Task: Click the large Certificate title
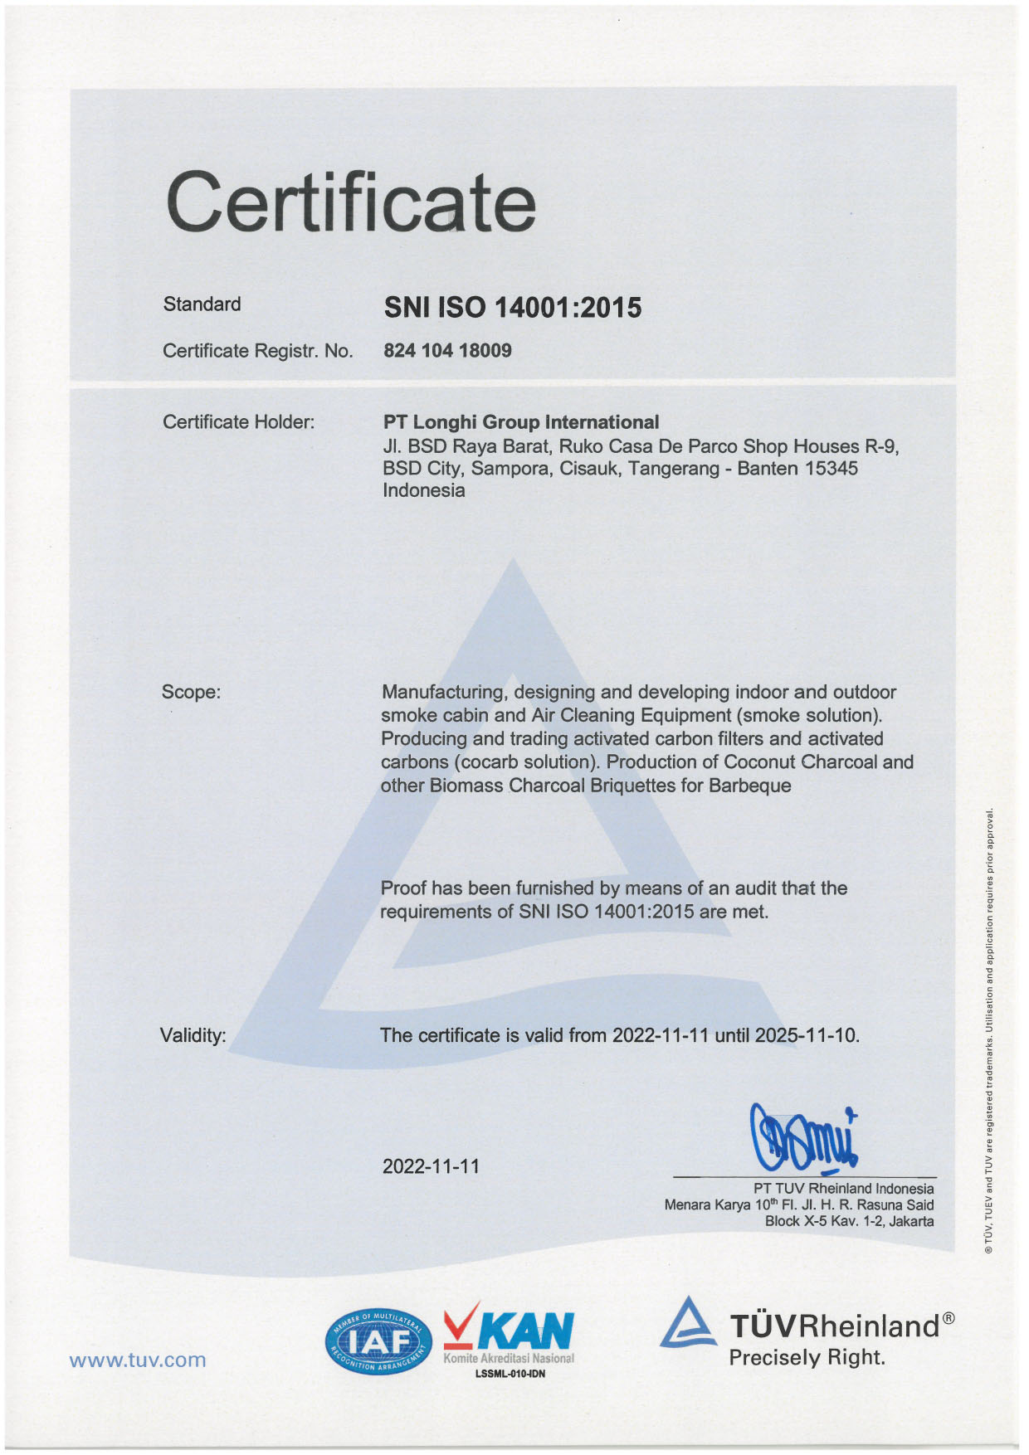click(351, 201)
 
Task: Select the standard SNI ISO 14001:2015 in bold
click(512, 308)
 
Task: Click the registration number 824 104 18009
click(447, 350)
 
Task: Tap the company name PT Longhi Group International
click(521, 422)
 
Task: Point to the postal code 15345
click(831, 469)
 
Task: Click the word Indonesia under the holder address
click(423, 490)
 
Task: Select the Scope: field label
click(192, 692)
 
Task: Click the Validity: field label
click(193, 1035)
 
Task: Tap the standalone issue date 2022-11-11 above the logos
click(431, 1166)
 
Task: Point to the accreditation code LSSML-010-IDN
click(510, 1374)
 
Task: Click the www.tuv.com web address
click(138, 1360)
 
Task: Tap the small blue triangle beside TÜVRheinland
click(688, 1321)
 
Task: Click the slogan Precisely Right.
click(807, 1358)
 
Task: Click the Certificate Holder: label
click(239, 422)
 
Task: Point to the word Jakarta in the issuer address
click(911, 1221)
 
